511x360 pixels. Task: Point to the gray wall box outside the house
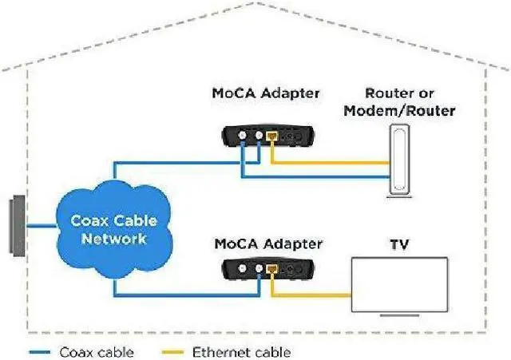click(15, 228)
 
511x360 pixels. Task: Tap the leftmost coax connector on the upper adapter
click(244, 136)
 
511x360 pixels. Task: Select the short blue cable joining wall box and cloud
click(40, 228)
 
